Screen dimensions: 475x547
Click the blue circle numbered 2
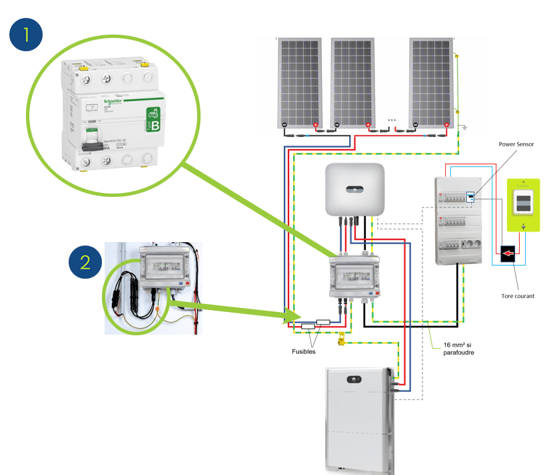[86, 261]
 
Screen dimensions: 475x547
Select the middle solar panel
[354, 82]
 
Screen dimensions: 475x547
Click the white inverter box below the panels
[354, 189]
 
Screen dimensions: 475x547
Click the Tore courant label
[516, 295]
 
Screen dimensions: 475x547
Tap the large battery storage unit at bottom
[358, 420]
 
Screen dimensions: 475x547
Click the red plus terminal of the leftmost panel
[315, 124]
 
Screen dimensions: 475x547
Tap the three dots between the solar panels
[392, 120]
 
